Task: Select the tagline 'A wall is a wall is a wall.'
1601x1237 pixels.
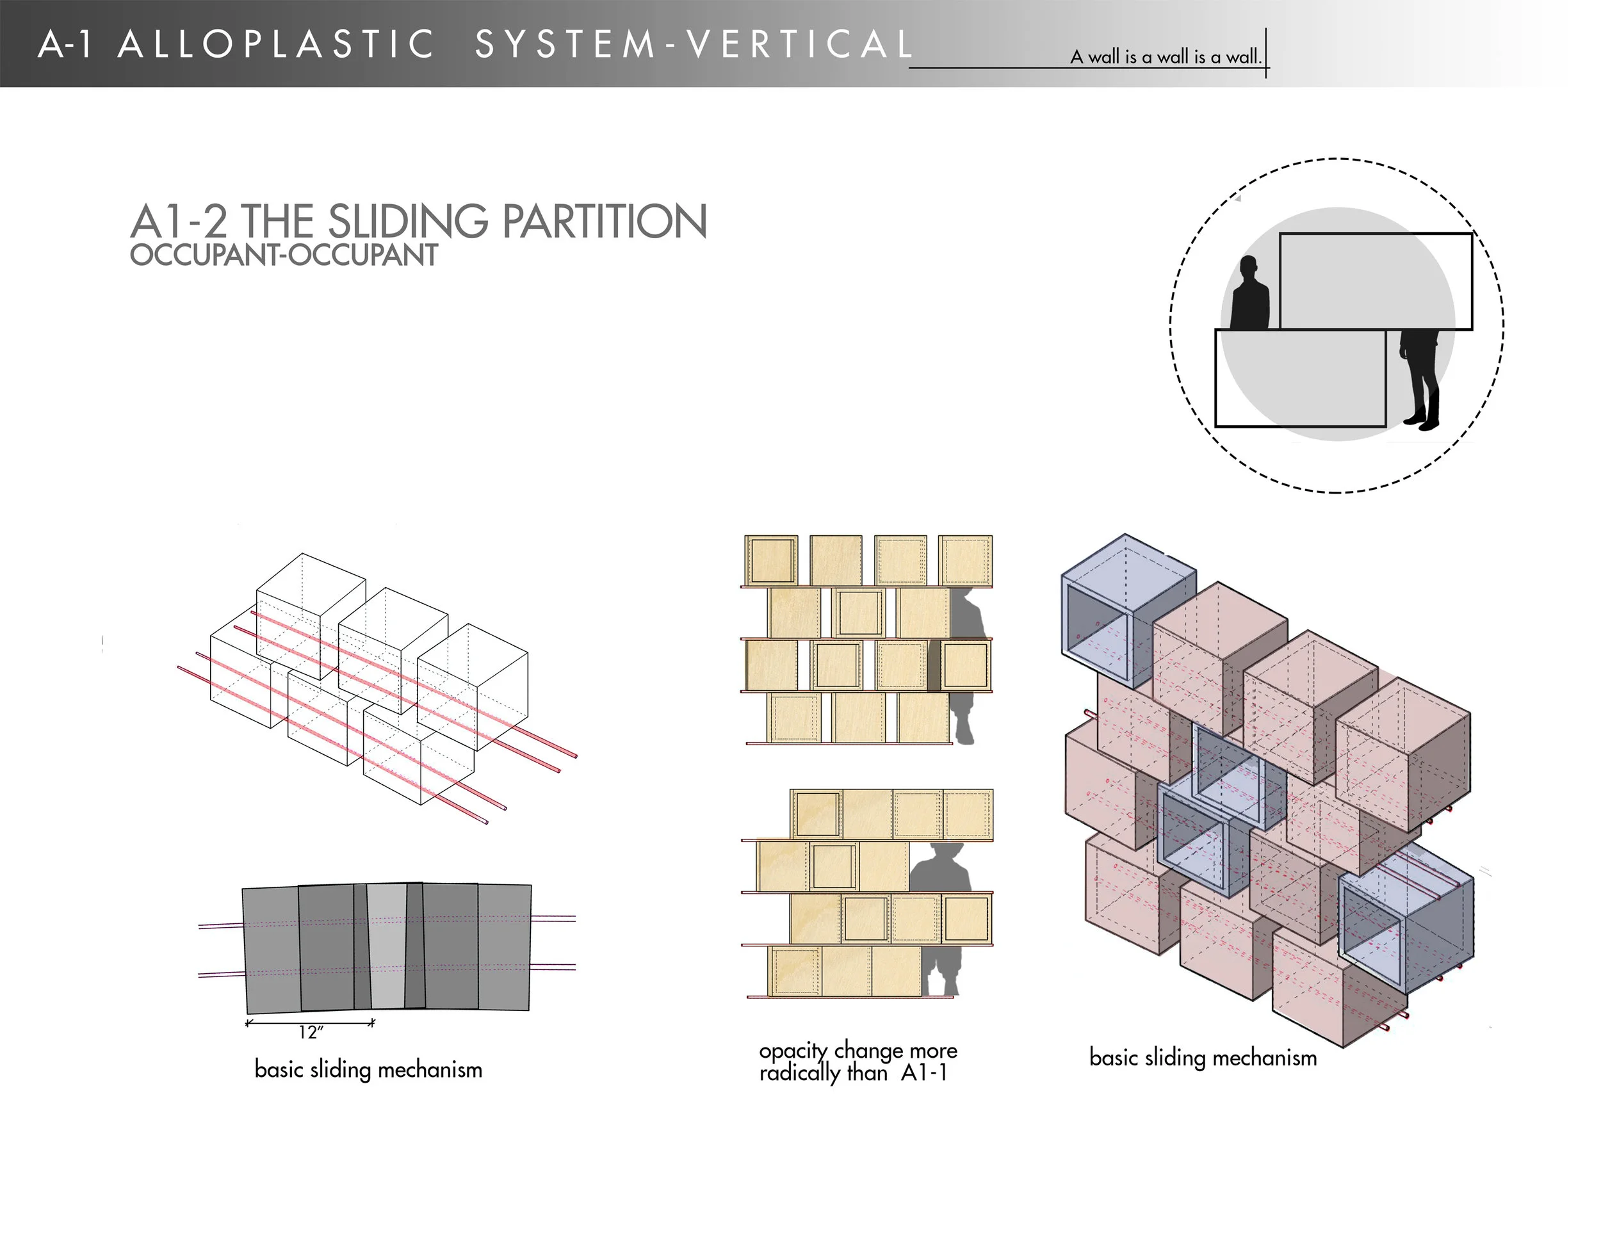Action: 1166,56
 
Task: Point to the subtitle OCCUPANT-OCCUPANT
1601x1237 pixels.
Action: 284,255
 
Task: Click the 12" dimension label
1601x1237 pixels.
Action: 311,1033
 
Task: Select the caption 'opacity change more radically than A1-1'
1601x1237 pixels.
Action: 857,1062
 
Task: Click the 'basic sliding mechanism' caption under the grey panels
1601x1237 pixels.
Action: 368,1069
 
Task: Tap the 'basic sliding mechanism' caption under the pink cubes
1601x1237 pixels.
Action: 1203,1058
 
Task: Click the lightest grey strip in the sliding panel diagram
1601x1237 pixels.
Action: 387,945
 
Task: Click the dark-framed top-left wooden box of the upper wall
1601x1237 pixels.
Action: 771,562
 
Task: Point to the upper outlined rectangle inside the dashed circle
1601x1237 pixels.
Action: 1375,280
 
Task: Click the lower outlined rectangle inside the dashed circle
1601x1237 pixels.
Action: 1300,377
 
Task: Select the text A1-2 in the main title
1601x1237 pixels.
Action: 179,222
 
